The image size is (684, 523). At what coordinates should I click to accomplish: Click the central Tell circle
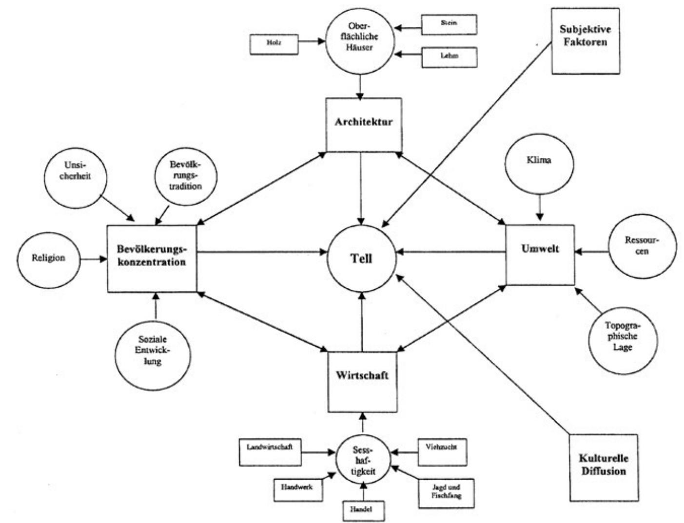coord(362,258)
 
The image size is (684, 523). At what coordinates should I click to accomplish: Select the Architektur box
coord(364,125)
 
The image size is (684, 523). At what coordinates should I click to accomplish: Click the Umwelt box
coord(540,254)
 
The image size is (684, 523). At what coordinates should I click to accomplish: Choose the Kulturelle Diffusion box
coord(603,467)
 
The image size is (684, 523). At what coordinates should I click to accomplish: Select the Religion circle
coord(49,258)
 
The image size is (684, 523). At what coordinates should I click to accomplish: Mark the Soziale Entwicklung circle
coord(153,351)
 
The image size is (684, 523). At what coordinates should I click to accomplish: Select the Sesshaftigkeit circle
coord(363,460)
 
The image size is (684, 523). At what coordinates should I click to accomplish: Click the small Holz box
coord(274,44)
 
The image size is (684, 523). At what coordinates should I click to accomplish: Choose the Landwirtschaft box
coord(270,451)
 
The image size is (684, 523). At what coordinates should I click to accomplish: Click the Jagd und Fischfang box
coord(446,491)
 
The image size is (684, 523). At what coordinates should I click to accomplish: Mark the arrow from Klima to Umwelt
coord(539,208)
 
